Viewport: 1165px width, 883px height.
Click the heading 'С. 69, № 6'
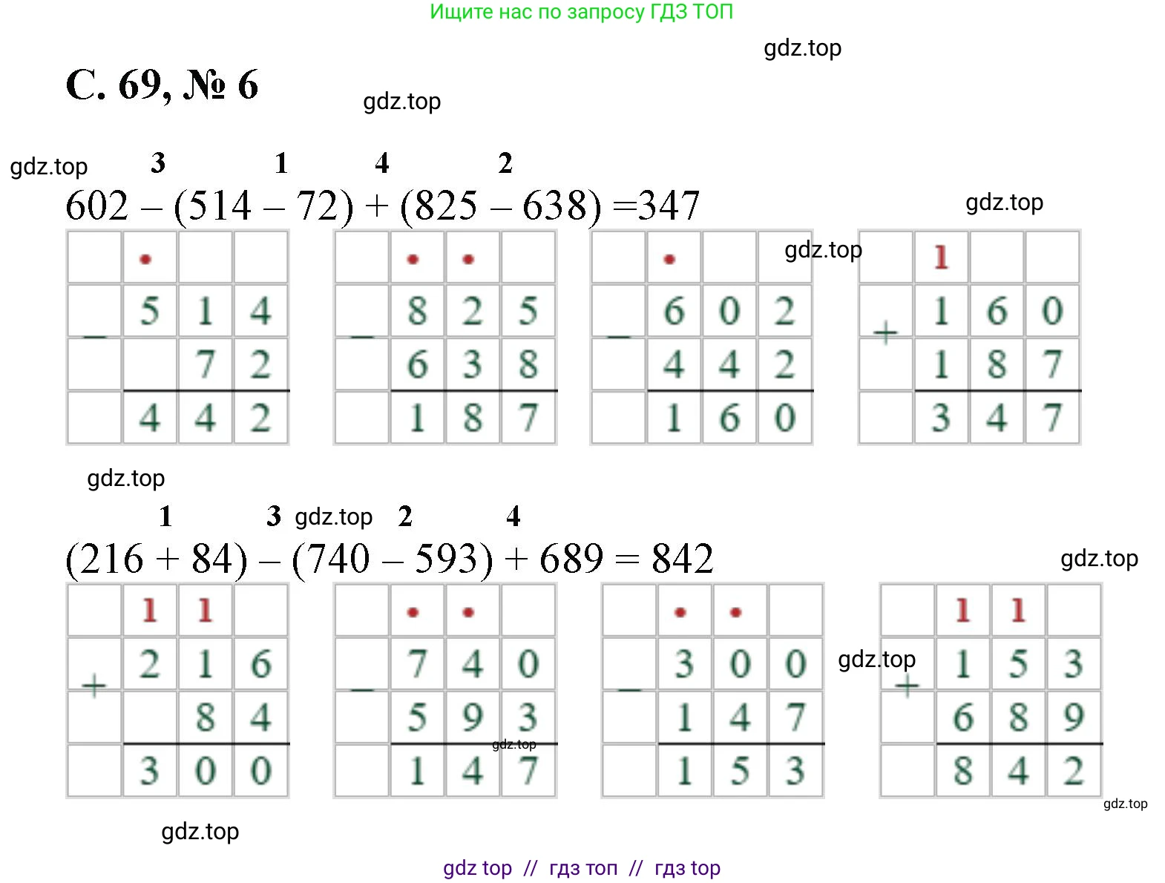pyautogui.click(x=162, y=85)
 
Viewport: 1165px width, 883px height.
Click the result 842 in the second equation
pyautogui.click(x=682, y=559)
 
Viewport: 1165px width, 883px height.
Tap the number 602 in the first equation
pyautogui.click(x=96, y=206)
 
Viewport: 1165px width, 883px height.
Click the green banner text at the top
pyautogui.click(x=581, y=12)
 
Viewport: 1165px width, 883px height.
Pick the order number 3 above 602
pyautogui.click(x=157, y=163)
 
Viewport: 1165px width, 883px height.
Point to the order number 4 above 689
pyautogui.click(x=513, y=516)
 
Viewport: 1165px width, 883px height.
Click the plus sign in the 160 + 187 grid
pyautogui.click(x=885, y=334)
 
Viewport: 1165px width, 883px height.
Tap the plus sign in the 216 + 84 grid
pyautogui.click(x=94, y=686)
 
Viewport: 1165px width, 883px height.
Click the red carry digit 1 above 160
pyautogui.click(x=941, y=257)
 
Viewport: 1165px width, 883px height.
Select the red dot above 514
pyautogui.click(x=145, y=259)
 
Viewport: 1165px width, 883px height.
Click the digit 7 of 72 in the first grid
pyautogui.click(x=205, y=364)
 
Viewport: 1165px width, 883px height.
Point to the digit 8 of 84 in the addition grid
pyautogui.click(x=205, y=718)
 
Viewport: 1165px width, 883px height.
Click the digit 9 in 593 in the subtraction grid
pyautogui.click(x=472, y=718)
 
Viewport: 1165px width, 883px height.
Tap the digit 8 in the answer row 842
pyautogui.click(x=962, y=771)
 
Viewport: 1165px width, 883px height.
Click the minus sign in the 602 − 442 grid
pyautogui.click(x=618, y=338)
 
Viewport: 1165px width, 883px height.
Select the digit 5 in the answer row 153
pyautogui.click(x=739, y=771)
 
